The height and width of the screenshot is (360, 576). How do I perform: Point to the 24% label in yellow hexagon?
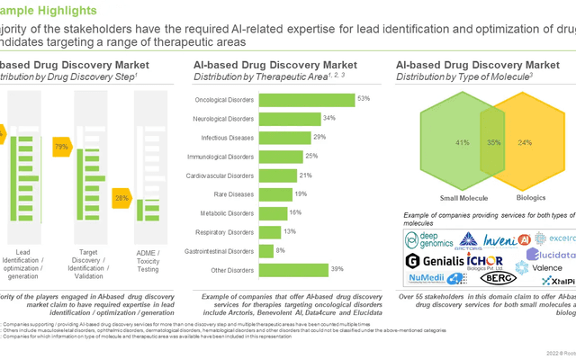click(525, 142)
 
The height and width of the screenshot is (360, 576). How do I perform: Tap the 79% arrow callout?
click(62, 146)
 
